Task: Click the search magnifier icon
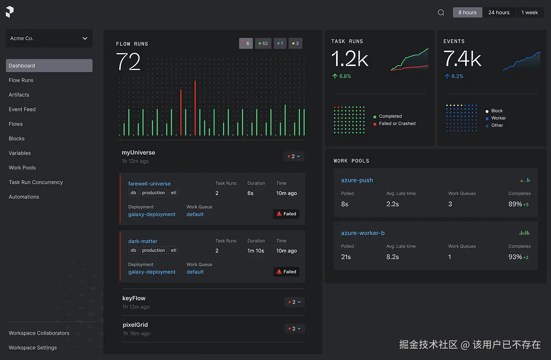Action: (x=441, y=12)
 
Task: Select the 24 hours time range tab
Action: (x=499, y=12)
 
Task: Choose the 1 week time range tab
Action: (x=530, y=12)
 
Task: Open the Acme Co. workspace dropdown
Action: (x=49, y=39)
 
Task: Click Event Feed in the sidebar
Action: (x=22, y=109)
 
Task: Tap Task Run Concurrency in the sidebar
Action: (x=36, y=182)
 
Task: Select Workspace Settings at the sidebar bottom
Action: (x=33, y=347)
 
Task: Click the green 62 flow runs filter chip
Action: (x=263, y=43)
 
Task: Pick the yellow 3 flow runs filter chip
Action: (x=296, y=43)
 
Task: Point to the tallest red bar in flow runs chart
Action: (x=195, y=108)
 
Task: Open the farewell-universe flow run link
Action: (x=149, y=184)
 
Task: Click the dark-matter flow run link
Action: (x=142, y=241)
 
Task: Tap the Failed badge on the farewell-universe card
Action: (x=286, y=214)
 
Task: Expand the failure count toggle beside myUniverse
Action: (x=294, y=157)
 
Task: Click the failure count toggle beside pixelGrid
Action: (x=294, y=329)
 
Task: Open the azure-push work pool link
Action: (x=357, y=180)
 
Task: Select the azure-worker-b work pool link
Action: (x=363, y=233)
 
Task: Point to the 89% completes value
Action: (x=515, y=204)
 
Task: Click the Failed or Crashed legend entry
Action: (x=394, y=124)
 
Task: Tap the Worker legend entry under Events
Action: (x=496, y=118)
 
